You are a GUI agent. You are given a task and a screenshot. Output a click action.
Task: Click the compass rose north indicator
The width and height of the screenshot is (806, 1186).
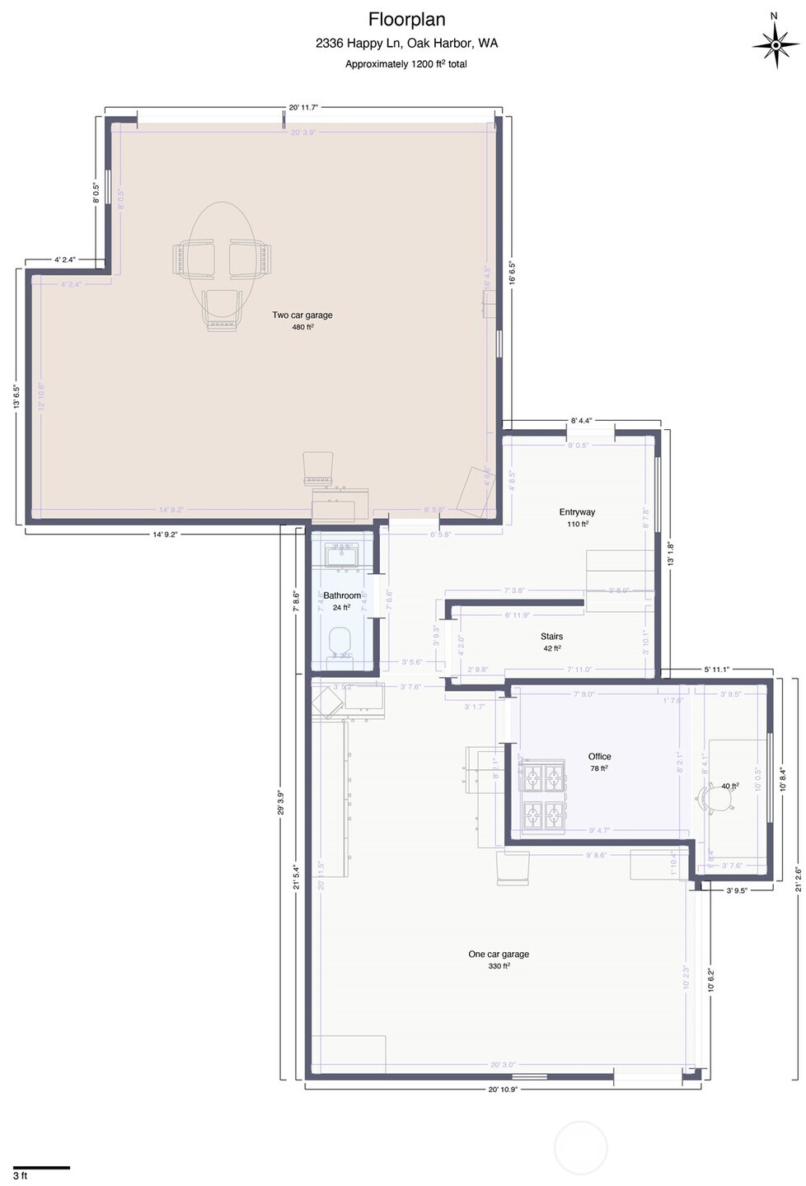pyautogui.click(x=774, y=41)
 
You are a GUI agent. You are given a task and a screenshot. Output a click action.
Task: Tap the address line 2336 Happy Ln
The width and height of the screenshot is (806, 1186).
pyautogui.click(x=406, y=43)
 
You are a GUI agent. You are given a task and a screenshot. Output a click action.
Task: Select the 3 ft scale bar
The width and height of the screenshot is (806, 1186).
pyautogui.click(x=41, y=1167)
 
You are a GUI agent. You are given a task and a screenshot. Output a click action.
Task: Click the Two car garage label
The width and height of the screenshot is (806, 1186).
pyautogui.click(x=302, y=315)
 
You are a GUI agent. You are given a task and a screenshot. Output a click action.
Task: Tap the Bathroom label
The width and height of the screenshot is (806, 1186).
pyautogui.click(x=342, y=595)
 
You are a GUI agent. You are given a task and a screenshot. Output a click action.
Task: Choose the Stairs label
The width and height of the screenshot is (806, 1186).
pyautogui.click(x=551, y=636)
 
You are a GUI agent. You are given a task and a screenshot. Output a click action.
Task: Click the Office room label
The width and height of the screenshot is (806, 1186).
pyautogui.click(x=599, y=756)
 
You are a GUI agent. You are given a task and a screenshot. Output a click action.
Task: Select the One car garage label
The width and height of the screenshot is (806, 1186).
pyautogui.click(x=499, y=954)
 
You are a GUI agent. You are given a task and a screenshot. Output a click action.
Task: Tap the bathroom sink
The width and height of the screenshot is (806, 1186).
pyautogui.click(x=340, y=556)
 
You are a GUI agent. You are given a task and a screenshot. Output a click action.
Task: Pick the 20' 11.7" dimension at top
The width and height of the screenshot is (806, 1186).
pyautogui.click(x=303, y=107)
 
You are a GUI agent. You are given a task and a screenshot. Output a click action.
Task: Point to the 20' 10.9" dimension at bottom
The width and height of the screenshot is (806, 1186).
pyautogui.click(x=503, y=1089)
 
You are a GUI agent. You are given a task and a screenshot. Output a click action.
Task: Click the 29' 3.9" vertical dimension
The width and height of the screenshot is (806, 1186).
pyautogui.click(x=281, y=803)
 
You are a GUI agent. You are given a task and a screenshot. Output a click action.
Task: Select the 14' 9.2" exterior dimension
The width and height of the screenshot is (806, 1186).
pyautogui.click(x=165, y=534)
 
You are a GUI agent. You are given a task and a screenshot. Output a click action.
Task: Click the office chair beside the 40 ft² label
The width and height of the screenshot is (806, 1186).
pyautogui.click(x=710, y=796)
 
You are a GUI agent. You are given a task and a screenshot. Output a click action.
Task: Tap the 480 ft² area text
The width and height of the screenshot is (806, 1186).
pyautogui.click(x=302, y=327)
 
